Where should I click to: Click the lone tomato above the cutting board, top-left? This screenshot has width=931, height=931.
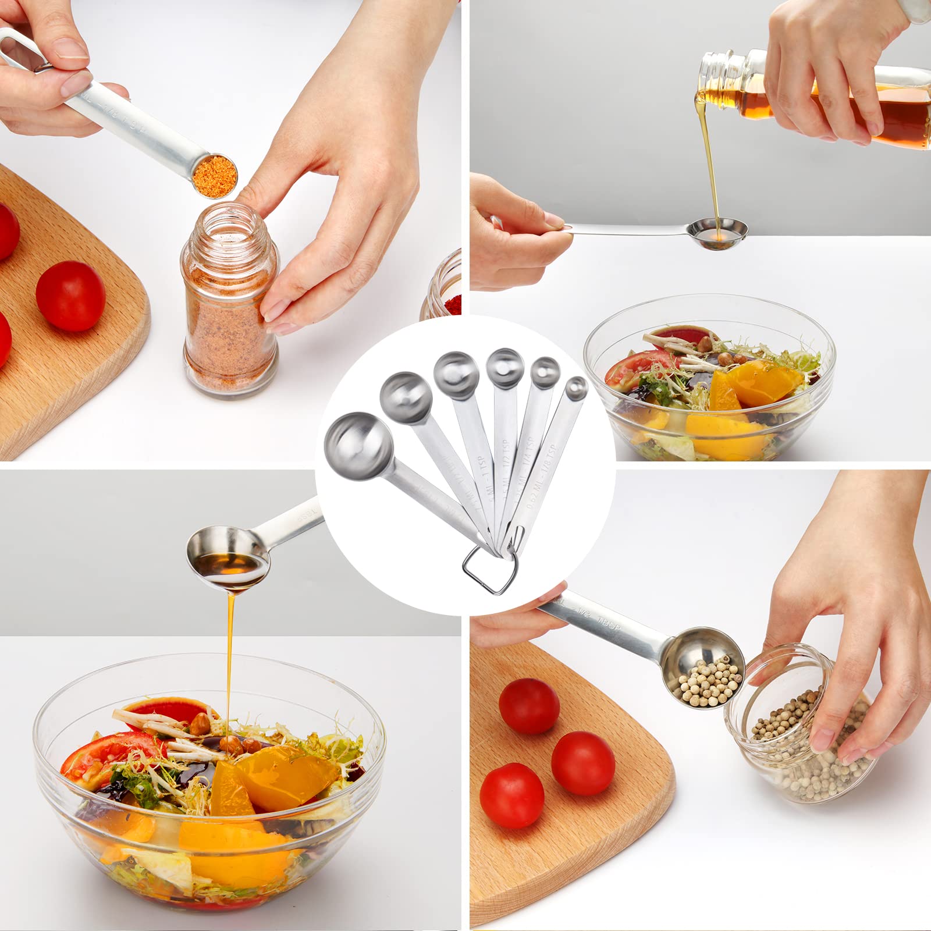click(70, 296)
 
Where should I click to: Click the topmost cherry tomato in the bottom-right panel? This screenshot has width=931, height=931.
click(528, 706)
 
